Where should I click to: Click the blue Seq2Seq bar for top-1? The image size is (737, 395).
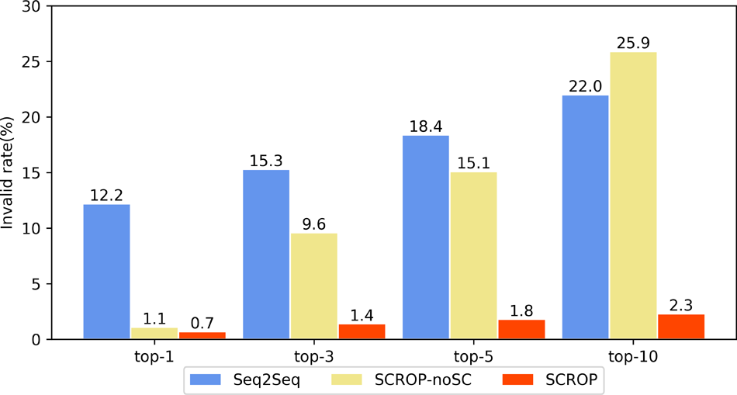pos(106,272)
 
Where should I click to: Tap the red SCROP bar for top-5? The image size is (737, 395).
pos(521,330)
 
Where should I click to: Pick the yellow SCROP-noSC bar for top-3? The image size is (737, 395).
pos(314,286)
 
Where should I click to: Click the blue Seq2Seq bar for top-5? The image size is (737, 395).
pos(426,237)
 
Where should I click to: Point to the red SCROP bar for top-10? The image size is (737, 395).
pos(681,327)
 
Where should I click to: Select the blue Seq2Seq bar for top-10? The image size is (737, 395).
pos(586,217)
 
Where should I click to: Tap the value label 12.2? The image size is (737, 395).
pos(106,194)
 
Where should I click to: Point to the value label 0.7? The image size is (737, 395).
pos(202,322)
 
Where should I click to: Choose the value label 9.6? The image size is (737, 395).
pos(314,223)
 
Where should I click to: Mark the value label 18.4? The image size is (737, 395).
pos(426,126)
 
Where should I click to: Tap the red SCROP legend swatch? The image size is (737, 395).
pos(522,379)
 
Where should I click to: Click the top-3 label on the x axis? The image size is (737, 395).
pos(314,356)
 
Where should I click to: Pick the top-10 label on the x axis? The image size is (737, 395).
pos(633,356)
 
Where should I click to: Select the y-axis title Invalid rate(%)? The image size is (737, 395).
pos(9,172)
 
